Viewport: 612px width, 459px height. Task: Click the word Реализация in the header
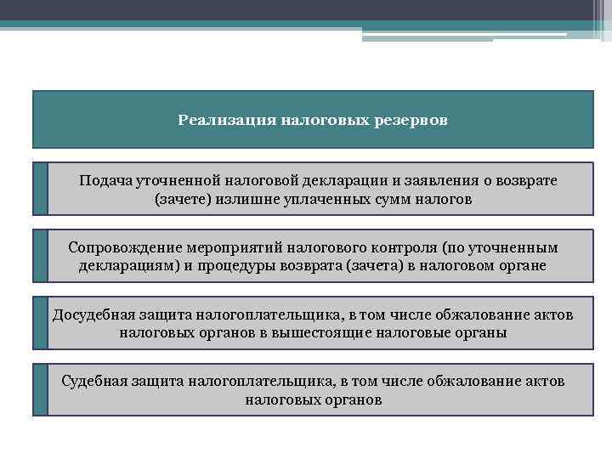tap(218, 120)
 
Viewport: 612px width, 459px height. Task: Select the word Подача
tap(105, 181)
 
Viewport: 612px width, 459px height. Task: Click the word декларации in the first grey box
tap(331, 181)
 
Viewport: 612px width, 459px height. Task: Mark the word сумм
tap(397, 200)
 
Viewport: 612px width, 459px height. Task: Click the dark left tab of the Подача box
tap(41, 189)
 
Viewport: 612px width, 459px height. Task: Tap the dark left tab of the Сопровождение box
tap(41, 255)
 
